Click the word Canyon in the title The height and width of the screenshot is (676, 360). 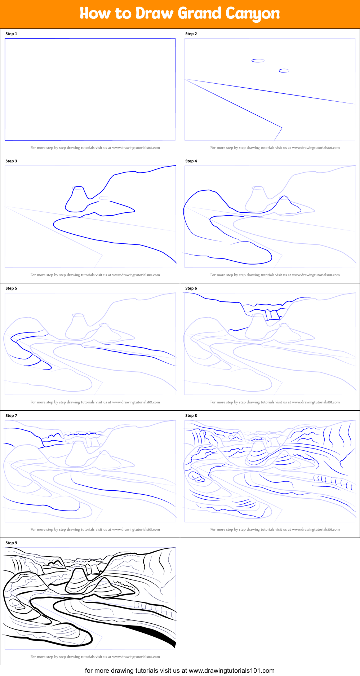[x=253, y=14]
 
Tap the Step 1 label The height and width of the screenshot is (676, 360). [x=11, y=34]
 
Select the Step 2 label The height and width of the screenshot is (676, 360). [x=191, y=34]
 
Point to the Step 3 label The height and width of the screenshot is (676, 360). [x=11, y=161]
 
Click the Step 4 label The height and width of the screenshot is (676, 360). [x=191, y=161]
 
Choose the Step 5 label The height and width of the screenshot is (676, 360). [x=11, y=288]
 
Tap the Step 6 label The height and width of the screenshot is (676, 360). [x=191, y=288]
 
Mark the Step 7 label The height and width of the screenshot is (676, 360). [x=11, y=416]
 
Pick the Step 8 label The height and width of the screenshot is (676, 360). [x=191, y=416]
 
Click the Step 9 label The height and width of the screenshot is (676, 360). [x=11, y=543]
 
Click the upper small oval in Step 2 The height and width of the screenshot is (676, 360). [x=258, y=61]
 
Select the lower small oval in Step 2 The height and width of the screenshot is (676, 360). [x=284, y=71]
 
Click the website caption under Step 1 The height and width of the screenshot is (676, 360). [x=95, y=147]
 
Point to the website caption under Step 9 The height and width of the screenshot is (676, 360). [x=95, y=657]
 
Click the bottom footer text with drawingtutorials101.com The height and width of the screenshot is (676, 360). [x=179, y=671]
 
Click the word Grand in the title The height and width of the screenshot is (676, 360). [x=199, y=13]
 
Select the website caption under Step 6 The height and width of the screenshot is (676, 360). [x=275, y=402]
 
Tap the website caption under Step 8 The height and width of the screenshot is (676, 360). [x=275, y=529]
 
